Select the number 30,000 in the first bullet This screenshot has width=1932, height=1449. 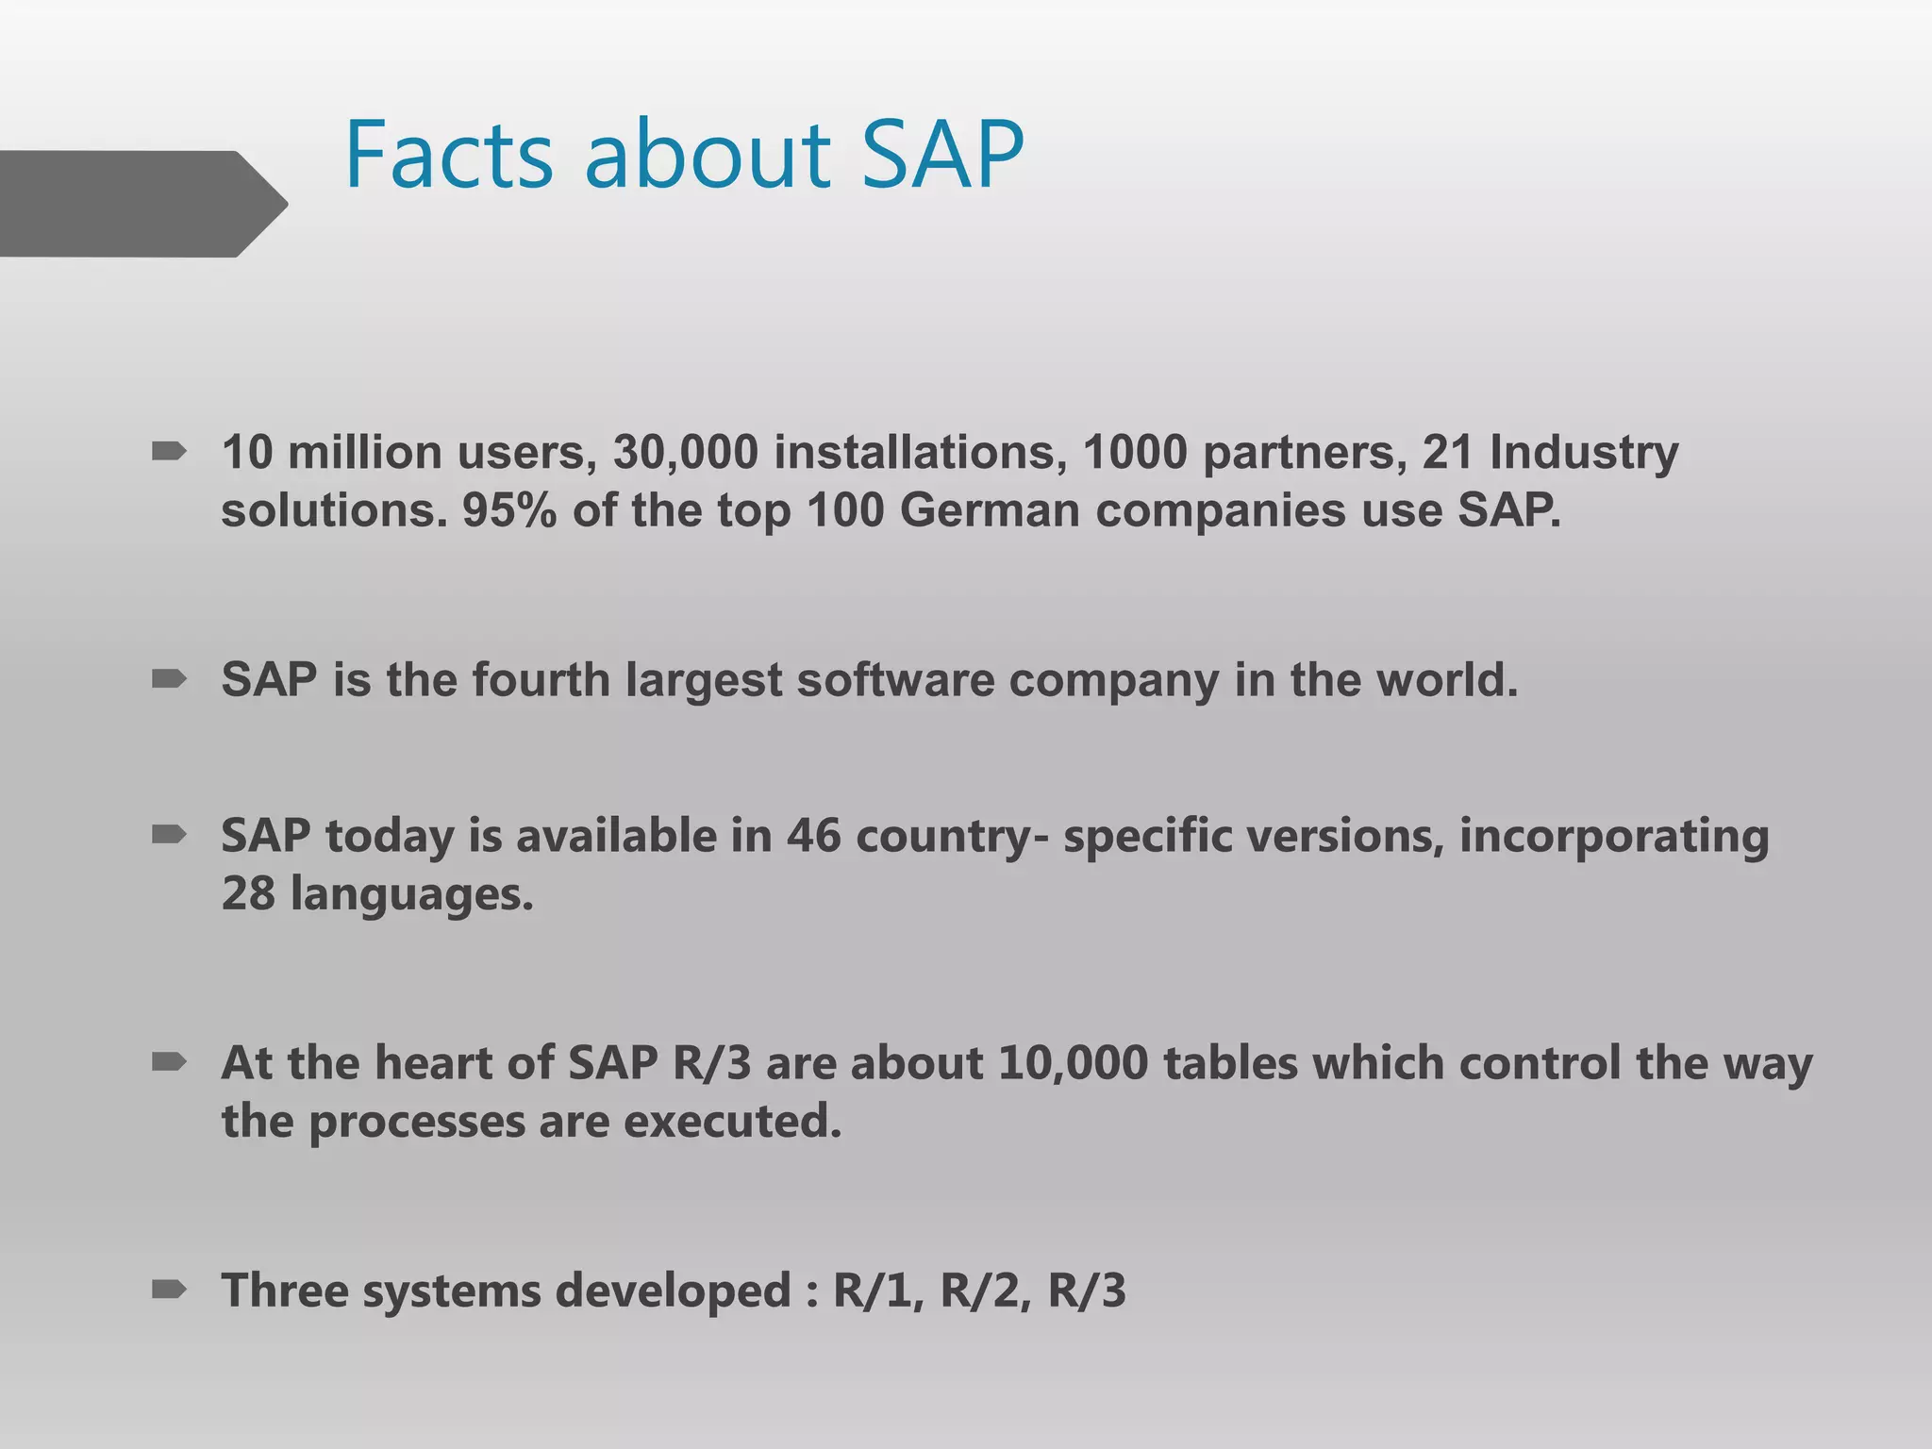tap(686, 453)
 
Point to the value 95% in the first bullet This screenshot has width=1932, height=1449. tap(508, 511)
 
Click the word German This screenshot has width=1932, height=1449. tap(990, 511)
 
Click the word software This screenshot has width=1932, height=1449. tap(895, 680)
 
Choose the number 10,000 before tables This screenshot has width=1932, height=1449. tap(1073, 1063)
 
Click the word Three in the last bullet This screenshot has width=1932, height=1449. tap(284, 1291)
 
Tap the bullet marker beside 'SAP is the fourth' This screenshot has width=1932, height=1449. tap(169, 678)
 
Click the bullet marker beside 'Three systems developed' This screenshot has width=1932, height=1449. tap(169, 1289)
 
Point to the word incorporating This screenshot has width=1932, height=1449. tap(1614, 837)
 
